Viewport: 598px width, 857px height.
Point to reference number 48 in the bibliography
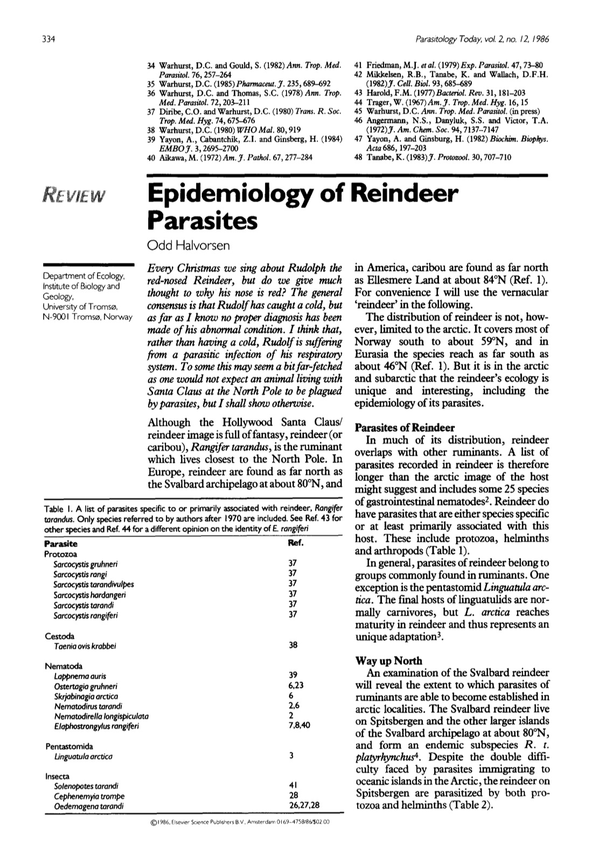(x=359, y=157)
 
